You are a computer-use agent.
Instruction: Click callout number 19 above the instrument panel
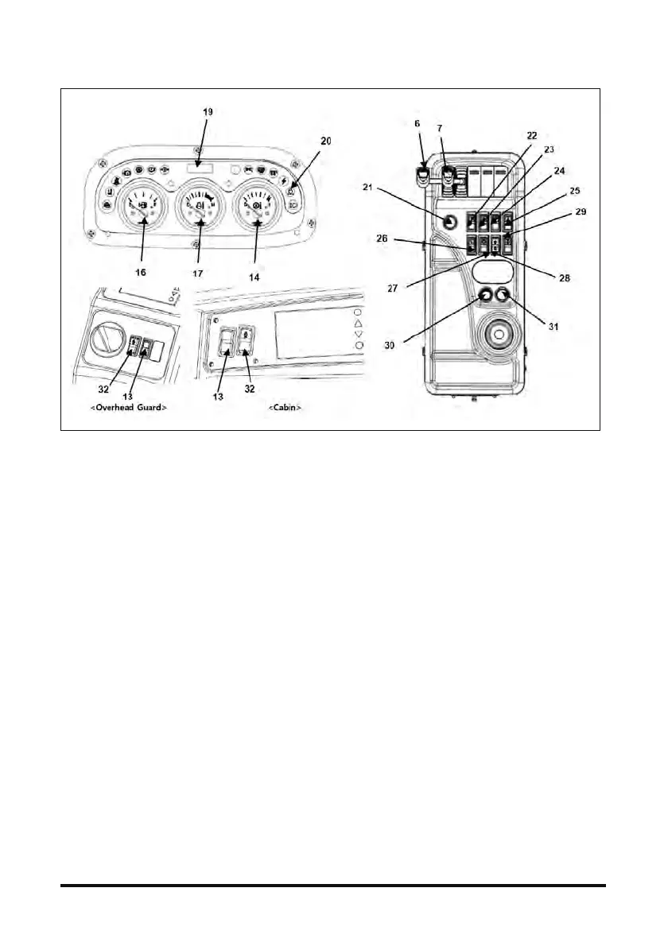coord(208,112)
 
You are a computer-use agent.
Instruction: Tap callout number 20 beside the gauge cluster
coord(326,141)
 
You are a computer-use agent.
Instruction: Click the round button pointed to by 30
coord(484,298)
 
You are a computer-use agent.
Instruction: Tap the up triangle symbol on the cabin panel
coord(358,324)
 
